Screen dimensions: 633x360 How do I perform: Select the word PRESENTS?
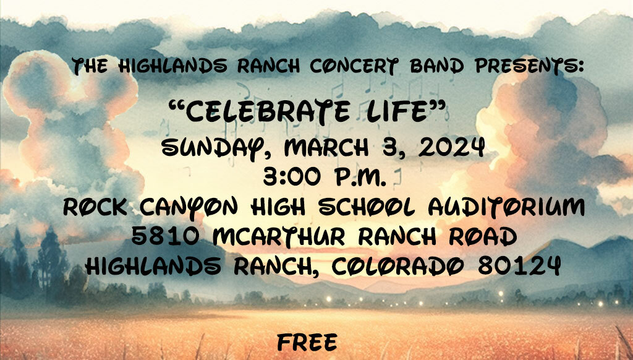point(530,66)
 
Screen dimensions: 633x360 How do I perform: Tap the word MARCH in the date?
point(326,147)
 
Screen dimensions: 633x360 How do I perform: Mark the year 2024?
point(451,147)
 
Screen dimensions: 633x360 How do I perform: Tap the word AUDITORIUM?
point(506,207)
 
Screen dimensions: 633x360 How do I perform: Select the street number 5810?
point(166,236)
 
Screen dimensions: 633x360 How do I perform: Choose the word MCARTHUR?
point(279,236)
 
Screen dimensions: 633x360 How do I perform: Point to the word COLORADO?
point(397,266)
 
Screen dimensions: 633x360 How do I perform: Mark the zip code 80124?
point(519,266)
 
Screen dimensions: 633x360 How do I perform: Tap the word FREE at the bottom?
point(307,343)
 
